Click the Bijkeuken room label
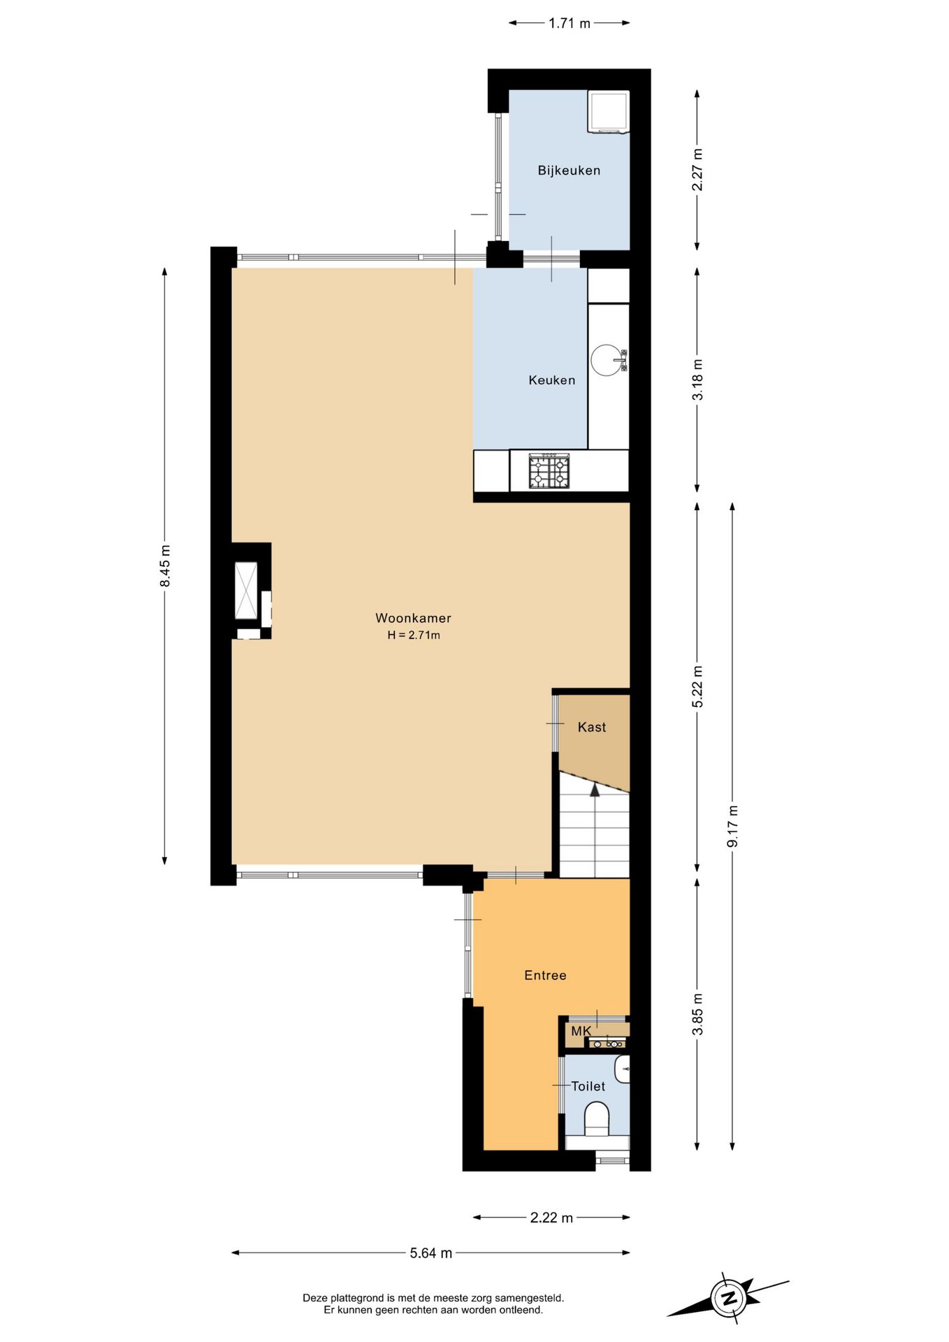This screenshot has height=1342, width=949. [x=569, y=171]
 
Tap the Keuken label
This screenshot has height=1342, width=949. [x=552, y=380]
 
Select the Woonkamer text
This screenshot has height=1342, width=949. [x=413, y=618]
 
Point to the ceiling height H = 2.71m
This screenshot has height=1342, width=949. [x=414, y=635]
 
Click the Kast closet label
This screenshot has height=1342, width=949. [x=592, y=727]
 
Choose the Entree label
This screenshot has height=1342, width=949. [x=545, y=975]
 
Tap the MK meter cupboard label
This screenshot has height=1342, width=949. [x=581, y=1031]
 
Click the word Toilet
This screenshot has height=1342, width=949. [x=588, y=1086]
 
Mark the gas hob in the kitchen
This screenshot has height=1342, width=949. [x=549, y=470]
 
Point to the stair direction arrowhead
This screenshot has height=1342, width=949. [x=595, y=789]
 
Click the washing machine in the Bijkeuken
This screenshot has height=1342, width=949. [x=609, y=112]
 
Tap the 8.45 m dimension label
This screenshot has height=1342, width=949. [x=165, y=566]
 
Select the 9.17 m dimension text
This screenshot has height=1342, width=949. [x=732, y=826]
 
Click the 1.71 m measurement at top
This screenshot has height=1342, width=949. [x=570, y=23]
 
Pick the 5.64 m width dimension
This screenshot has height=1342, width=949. [x=430, y=1253]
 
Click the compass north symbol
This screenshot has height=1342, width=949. [x=728, y=1299]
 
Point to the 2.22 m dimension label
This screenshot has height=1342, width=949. [x=551, y=1218]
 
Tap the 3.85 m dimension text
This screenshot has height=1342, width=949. [x=697, y=1013]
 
